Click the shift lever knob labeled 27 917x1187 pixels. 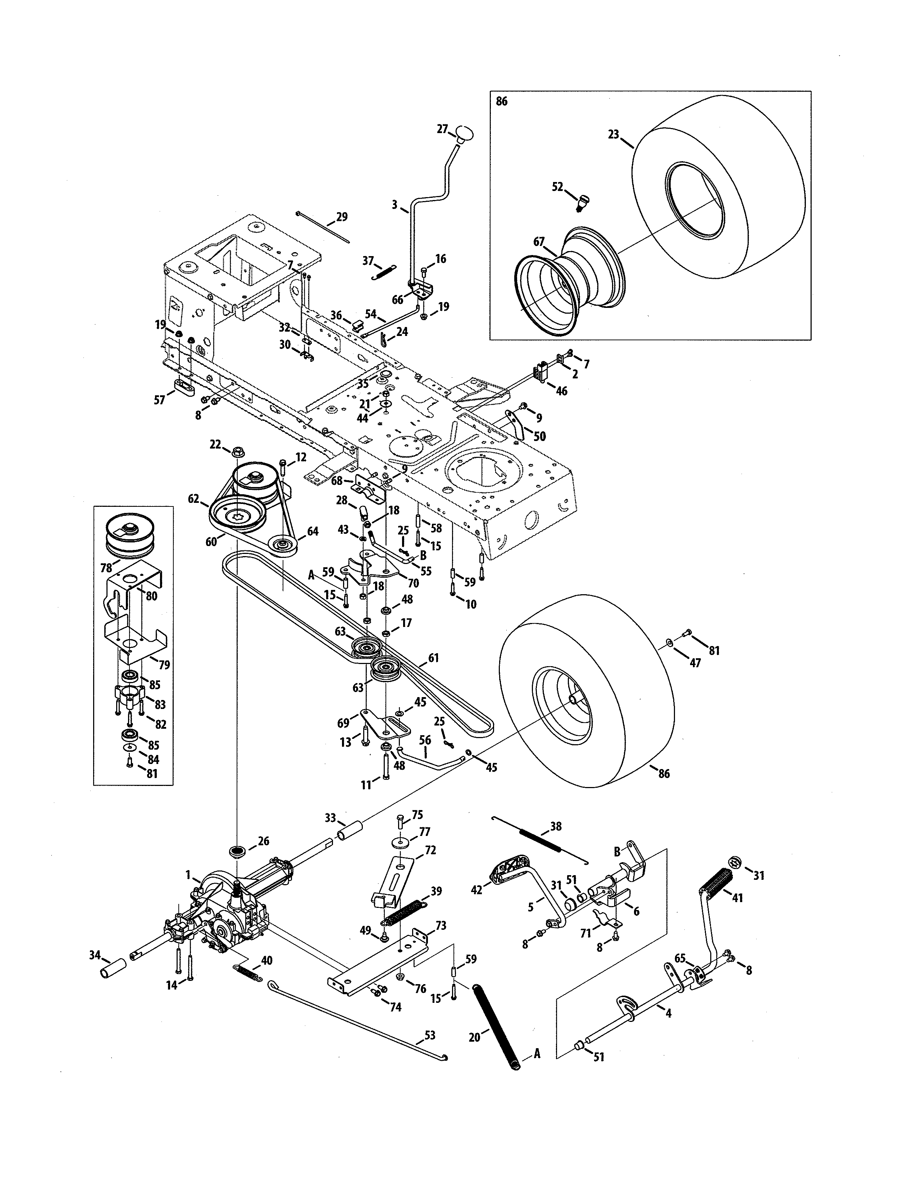[465, 134]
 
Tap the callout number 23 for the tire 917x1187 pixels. [613, 134]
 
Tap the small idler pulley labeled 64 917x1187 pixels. [283, 546]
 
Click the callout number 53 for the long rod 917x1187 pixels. [430, 1035]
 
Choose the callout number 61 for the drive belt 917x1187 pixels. [433, 658]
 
